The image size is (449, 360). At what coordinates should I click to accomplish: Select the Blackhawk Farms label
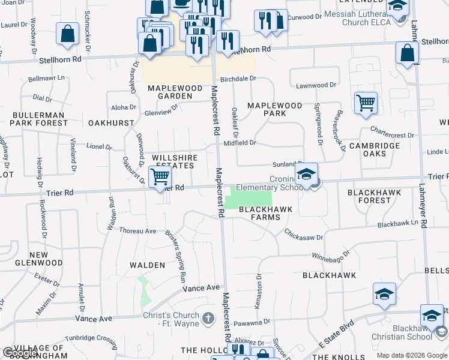point(265,213)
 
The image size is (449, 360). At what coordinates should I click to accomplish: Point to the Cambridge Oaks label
point(375,149)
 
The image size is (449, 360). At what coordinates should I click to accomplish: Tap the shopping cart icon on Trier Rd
point(160,177)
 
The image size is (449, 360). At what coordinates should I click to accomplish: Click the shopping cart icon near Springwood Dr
point(366,103)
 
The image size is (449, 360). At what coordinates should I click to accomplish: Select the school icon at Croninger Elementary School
point(306,175)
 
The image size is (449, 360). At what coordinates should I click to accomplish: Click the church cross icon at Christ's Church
point(208,317)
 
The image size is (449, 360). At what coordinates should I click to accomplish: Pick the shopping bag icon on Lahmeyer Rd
point(408,53)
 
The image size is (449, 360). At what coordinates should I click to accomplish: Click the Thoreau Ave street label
point(137,230)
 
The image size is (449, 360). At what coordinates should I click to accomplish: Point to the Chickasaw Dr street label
point(304,235)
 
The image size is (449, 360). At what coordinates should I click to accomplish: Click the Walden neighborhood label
point(148,265)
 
